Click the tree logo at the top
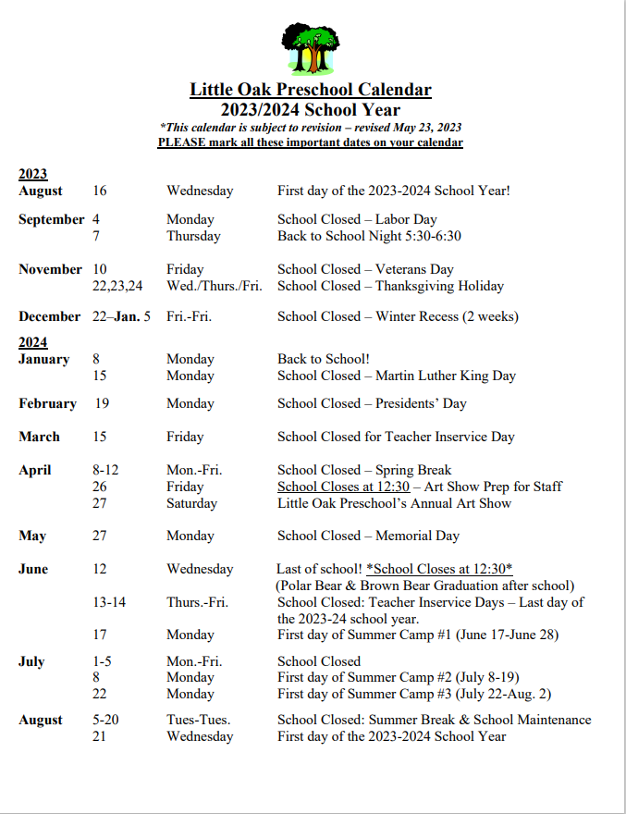point(312,48)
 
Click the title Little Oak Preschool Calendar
point(311,90)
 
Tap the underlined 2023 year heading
point(32,174)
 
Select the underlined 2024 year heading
point(32,342)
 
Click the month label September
point(51,219)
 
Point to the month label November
point(50,269)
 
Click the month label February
point(47,403)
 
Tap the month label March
point(39,437)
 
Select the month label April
point(35,470)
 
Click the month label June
point(33,569)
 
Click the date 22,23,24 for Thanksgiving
point(117,286)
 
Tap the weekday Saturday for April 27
point(192,503)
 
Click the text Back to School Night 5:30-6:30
point(369,236)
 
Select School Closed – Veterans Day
point(365,269)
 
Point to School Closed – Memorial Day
point(368,536)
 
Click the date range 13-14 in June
point(109,602)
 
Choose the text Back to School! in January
point(324,359)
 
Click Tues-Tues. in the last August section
point(199,720)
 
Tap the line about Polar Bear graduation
point(424,586)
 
